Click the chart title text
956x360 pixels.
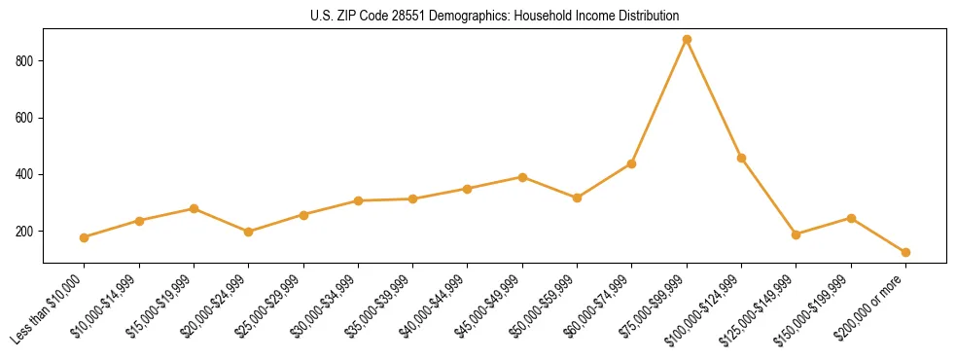494,17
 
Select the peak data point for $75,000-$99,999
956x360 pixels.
687,40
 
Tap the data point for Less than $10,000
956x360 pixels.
85,237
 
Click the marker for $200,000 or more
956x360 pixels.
905,252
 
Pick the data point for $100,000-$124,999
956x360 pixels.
741,158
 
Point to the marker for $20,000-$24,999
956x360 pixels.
249,232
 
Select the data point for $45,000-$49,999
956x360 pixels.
522,177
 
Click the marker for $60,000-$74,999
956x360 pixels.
632,163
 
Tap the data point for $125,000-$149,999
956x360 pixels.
797,234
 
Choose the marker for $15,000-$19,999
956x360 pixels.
195,208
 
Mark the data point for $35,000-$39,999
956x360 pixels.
413,198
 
